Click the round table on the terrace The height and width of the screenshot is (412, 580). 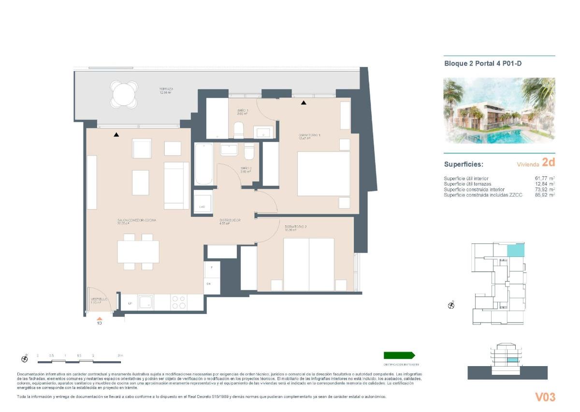point(124,94)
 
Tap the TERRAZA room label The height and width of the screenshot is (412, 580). point(166,90)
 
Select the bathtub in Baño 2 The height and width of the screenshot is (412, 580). point(203,164)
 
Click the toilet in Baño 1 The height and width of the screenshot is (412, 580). point(239,130)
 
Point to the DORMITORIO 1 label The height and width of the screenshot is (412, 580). point(309,136)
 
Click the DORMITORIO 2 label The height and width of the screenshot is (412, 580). point(296,227)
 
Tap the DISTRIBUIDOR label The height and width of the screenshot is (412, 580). point(230,221)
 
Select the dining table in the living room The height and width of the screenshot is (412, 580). point(138,252)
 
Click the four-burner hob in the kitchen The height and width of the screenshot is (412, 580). point(178,302)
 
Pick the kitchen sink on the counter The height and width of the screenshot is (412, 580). point(145,302)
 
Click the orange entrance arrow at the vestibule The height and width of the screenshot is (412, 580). point(100,318)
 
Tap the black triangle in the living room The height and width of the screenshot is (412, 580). point(116,135)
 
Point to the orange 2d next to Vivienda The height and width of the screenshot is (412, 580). point(548,162)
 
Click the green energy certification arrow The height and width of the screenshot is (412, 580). point(399,355)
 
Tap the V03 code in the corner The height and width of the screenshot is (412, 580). point(545,397)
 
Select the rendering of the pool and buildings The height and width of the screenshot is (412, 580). point(499,111)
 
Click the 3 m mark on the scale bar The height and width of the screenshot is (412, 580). point(120,355)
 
